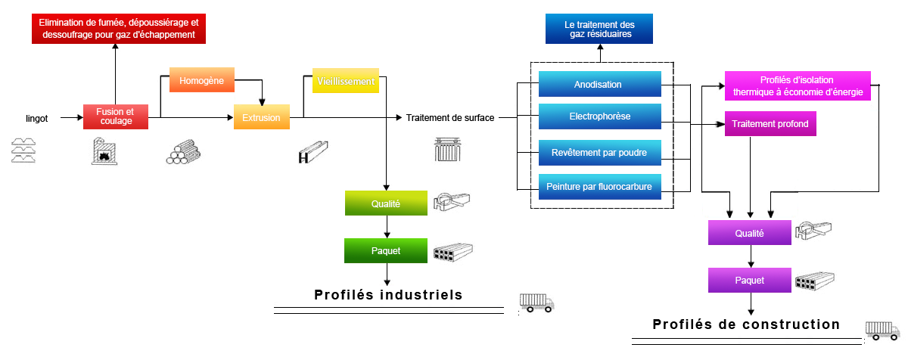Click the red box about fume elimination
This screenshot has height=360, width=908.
[120, 29]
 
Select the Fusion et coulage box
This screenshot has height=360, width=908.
[114, 116]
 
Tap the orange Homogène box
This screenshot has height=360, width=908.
[202, 81]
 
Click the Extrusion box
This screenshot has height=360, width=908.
[262, 117]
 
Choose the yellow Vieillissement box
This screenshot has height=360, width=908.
[345, 81]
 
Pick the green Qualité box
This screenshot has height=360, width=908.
[386, 203]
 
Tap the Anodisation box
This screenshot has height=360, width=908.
[599, 84]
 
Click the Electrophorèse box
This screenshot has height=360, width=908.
[599, 116]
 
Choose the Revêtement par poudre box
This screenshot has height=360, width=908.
[599, 152]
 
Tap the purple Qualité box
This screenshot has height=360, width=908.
[750, 233]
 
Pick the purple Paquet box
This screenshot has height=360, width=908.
[750, 279]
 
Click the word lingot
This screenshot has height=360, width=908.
[36, 118]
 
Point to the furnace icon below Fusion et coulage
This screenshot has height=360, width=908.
[104, 153]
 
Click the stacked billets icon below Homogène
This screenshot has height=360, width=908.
[179, 153]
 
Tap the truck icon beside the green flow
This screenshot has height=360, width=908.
[537, 303]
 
